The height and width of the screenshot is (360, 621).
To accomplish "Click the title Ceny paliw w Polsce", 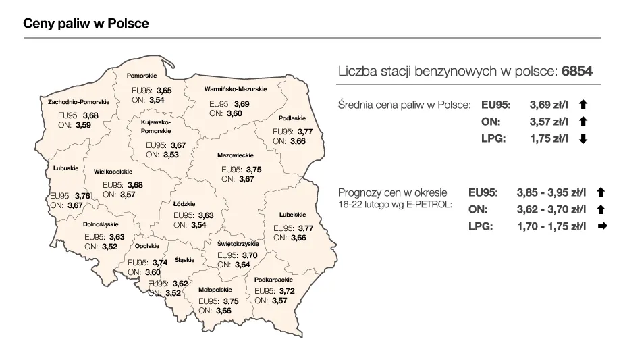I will coord(86,23).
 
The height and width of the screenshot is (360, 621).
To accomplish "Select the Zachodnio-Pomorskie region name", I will coord(78,102).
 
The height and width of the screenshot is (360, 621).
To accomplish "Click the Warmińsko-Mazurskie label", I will coord(236,89).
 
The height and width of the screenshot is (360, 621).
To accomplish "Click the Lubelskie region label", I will coord(292,215).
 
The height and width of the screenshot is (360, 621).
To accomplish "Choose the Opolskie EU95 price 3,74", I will coord(160,263).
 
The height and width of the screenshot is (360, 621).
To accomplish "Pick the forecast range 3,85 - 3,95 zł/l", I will coord(551,192).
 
